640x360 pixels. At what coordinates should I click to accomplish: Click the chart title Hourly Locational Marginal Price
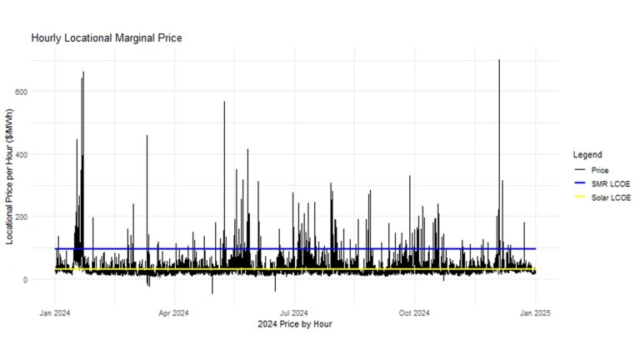click(106, 38)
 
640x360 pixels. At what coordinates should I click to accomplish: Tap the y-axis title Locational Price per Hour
click(10, 175)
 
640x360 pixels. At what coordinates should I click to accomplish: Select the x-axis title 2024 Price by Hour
click(294, 324)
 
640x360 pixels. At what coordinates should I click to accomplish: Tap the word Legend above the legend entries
click(587, 155)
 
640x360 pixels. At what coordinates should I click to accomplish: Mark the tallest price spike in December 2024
click(499, 61)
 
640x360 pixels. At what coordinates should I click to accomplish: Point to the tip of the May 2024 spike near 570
click(224, 102)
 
